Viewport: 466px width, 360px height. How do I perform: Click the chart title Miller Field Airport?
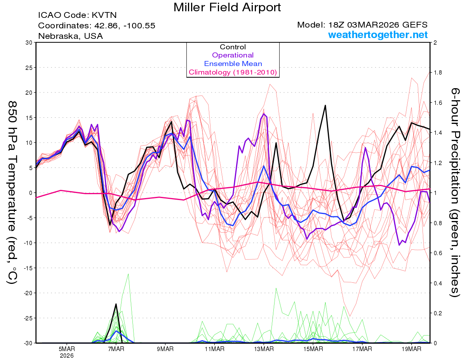point(227,7)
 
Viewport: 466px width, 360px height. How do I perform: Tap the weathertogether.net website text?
point(378,35)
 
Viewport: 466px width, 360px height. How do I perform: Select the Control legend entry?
point(233,47)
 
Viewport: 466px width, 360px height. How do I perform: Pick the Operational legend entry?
point(233,55)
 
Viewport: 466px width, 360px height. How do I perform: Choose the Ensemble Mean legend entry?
point(233,64)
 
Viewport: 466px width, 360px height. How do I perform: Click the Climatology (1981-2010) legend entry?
point(233,72)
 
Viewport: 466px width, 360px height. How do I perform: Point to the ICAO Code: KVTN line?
point(77,15)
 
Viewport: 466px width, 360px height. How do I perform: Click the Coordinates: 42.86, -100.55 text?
point(97,26)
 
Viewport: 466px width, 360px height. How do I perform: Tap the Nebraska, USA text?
point(70,36)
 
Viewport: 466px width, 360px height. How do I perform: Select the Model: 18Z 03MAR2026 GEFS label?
point(362,25)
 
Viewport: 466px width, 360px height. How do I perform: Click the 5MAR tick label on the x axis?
point(67,349)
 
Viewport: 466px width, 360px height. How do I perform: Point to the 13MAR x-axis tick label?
point(263,349)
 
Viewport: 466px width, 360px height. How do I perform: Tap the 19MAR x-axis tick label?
point(411,349)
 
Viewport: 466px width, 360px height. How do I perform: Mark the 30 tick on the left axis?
point(28,42)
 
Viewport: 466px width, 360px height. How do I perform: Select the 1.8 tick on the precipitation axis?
point(437,73)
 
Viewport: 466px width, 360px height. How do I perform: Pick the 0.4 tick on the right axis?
point(437,283)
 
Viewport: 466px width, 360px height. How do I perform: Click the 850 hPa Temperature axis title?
point(12,192)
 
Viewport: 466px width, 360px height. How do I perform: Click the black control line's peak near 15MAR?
point(325,105)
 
